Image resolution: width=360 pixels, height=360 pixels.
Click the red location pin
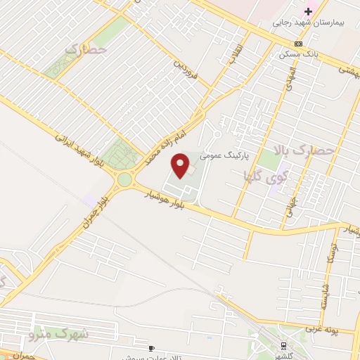(x=181, y=165)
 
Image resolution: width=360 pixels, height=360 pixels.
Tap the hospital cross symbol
(x=308, y=11)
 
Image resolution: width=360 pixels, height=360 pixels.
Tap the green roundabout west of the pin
(x=125, y=179)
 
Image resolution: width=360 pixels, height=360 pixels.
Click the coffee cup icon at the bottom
(x=150, y=347)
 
